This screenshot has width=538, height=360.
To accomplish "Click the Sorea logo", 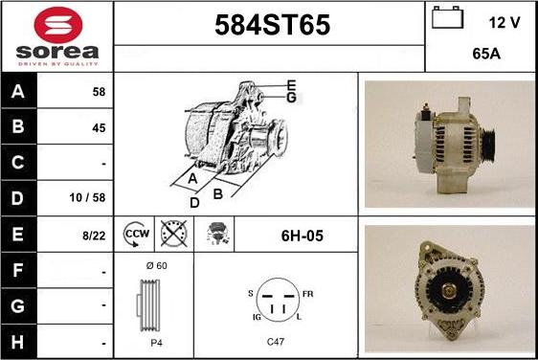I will [56, 35].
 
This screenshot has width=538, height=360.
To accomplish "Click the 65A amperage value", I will [487, 56].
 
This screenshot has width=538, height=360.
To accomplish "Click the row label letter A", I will [18, 92].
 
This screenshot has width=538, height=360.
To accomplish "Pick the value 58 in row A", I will [98, 92].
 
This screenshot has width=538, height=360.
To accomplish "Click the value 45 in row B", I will [98, 127].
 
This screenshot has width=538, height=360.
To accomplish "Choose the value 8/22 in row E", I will [94, 234].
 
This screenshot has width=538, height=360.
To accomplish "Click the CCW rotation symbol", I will [136, 234].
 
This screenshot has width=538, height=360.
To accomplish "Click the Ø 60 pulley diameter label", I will [155, 265].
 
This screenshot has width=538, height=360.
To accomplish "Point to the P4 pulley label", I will [155, 341].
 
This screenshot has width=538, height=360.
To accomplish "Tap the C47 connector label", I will [277, 341].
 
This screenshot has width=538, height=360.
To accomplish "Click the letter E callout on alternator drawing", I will [291, 85].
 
